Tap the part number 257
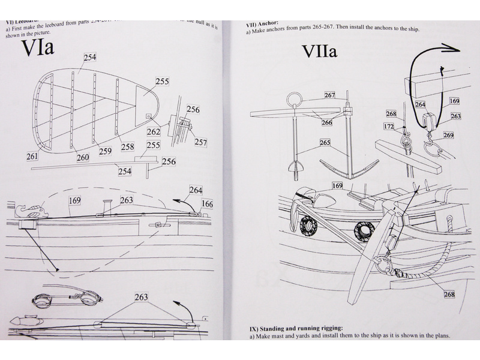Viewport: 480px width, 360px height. tap(200, 142)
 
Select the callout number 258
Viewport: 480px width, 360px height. tap(127, 146)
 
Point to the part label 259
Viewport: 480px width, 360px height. tap(105, 151)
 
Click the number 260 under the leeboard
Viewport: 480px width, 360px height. tap(82, 157)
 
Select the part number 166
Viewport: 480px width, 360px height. tap(207, 204)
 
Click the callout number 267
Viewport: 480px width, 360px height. tap(329, 95)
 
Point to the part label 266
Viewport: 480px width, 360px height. tap(326, 122)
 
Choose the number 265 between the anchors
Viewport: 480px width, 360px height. tap(325, 143)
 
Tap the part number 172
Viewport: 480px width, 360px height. tap(390, 126)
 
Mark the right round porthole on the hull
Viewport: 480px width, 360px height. tap(364, 229)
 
